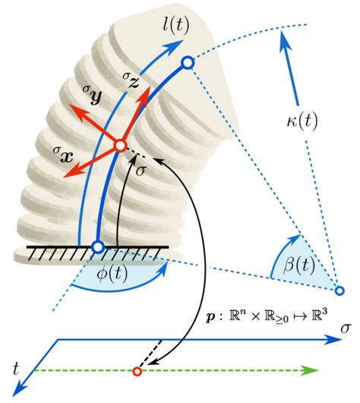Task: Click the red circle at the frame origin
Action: point(119,145)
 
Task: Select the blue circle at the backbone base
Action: point(97,246)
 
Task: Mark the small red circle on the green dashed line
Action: point(137,372)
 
